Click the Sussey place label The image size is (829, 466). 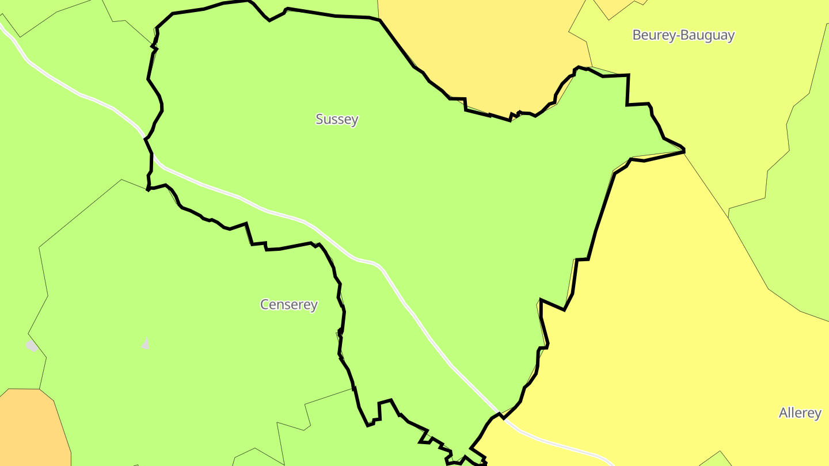(337, 119)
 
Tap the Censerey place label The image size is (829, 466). (288, 304)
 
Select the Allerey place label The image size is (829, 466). (800, 413)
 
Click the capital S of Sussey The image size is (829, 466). (320, 119)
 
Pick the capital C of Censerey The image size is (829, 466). (265, 304)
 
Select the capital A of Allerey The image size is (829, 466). (784, 413)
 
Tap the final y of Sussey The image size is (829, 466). (355, 121)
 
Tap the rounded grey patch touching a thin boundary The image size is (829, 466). (32, 346)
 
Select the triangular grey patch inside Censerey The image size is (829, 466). (146, 344)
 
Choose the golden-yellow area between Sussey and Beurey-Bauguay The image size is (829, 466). (489, 52)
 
